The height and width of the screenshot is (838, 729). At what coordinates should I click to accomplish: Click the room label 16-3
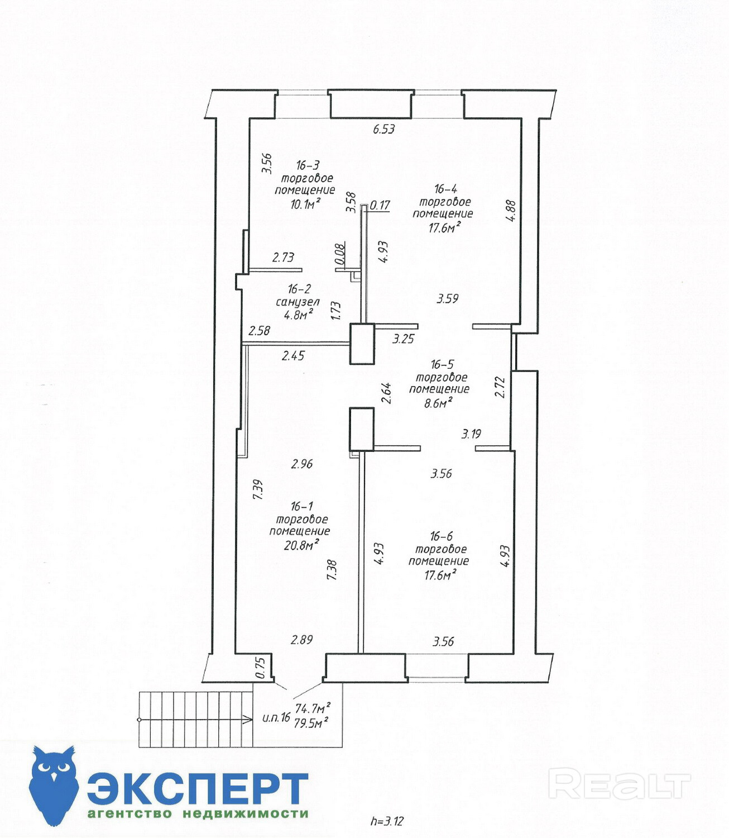coord(308,165)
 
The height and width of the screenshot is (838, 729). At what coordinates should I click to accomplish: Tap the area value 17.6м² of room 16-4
coord(444,227)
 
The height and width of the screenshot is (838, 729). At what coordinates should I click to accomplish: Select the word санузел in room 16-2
coord(298,302)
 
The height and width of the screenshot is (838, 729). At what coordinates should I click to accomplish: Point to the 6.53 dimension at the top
coord(384,129)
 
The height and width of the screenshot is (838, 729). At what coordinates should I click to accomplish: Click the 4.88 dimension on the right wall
coord(511,211)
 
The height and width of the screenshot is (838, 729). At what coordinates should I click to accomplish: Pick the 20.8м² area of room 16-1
coord(301,545)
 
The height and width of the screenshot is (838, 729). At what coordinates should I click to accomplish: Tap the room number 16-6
coord(441,536)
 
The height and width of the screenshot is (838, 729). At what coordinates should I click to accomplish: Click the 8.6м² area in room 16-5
coord(438,402)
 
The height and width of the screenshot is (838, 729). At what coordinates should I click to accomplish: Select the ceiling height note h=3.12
coord(387,821)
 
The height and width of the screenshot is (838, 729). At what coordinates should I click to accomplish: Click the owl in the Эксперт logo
coord(54,785)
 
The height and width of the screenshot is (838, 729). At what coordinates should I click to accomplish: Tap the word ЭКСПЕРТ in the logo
coord(198,788)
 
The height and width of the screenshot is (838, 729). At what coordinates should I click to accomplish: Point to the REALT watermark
coord(620,784)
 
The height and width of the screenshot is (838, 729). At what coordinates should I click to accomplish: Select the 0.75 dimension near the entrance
coord(260,668)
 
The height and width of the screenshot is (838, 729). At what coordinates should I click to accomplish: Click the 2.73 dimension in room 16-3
coord(283,258)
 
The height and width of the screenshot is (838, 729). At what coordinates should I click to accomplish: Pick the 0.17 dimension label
coord(380,205)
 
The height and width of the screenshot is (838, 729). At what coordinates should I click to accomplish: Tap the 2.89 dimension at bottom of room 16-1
coord(302,640)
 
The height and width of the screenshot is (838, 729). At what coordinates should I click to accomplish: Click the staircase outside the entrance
coord(195,720)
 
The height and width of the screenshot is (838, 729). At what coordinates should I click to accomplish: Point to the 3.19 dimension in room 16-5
coord(471,434)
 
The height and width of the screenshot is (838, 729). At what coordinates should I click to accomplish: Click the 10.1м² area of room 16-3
coord(305,204)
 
